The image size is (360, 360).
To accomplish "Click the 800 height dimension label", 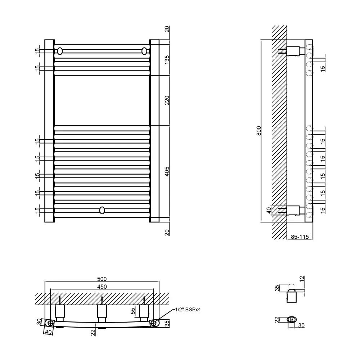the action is tap(259, 131).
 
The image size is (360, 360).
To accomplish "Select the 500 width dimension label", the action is tap(102, 279).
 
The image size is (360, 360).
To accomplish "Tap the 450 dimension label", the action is tap(102, 287).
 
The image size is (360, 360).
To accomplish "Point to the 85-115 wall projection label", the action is tap(300, 237).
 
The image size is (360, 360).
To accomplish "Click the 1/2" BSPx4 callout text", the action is tap(188, 310).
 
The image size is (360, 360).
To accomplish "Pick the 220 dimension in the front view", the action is tap(167, 100).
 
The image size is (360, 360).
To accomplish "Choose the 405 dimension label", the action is tap(167, 171).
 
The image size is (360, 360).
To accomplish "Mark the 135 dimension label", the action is tap(167, 60).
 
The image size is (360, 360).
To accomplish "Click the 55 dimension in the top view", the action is tap(133, 311).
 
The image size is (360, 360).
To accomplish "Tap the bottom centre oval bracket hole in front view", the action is tap(102, 210).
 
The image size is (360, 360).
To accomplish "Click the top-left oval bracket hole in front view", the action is tap(60, 51).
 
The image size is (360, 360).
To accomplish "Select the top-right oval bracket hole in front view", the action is tap(144, 51).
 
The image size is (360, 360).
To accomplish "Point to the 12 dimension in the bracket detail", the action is tap(302, 279).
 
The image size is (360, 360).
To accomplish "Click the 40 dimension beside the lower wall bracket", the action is tap(269, 210).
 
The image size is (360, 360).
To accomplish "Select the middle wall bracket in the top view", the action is tap(102, 311).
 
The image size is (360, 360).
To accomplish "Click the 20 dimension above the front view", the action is tap(167, 29).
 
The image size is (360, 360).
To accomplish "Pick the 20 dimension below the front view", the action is tap(167, 233).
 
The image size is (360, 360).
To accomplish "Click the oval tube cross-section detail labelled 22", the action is tap(292, 319).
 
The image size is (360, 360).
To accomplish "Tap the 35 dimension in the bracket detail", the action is tap(277, 288).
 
